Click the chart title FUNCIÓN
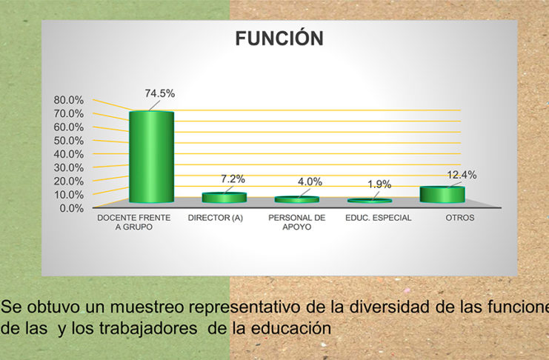tap(279, 38)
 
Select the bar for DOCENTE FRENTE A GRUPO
tap(151, 156)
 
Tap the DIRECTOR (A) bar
tap(224, 198)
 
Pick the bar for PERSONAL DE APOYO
tap(297, 199)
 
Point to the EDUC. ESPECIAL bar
tap(370, 201)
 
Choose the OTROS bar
tap(442, 195)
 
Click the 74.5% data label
tap(159, 93)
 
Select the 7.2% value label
tap(233, 179)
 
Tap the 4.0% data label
tap(310, 181)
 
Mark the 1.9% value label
tap(379, 184)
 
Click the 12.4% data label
tap(462, 175)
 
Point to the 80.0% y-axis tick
tap(69, 100)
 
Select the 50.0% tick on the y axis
tap(69, 141)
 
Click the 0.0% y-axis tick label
tap(71, 208)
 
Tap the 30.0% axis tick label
tap(69, 167)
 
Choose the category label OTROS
tap(459, 218)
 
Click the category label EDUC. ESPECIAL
tap(378, 218)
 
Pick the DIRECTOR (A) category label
tap(216, 218)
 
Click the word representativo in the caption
tap(244, 307)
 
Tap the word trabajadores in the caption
tap(148, 328)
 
